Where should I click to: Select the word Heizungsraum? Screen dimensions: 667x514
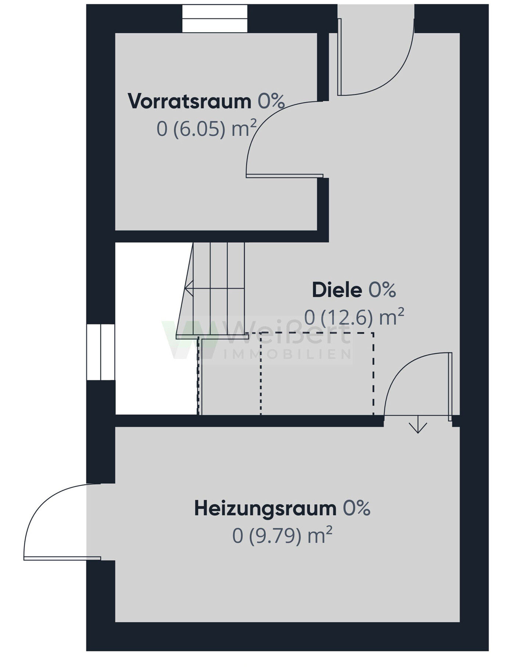click(x=265, y=508)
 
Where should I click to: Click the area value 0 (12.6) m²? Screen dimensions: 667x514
click(x=354, y=317)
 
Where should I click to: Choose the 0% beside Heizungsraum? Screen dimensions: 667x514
click(x=356, y=508)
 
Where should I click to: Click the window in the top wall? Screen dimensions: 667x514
click(x=215, y=19)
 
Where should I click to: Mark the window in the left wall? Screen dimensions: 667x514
click(x=101, y=352)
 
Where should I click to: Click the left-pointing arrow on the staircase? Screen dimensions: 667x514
click(x=190, y=288)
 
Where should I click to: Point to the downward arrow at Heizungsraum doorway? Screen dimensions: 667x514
click(x=418, y=428)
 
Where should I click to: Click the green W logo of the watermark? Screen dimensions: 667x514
click(x=189, y=340)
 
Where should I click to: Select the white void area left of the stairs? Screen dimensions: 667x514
click(x=151, y=330)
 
